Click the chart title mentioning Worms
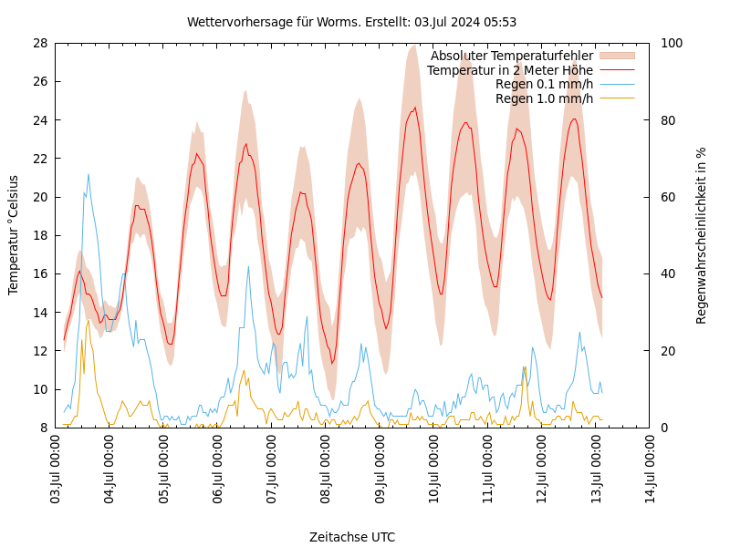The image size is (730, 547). pos(351,22)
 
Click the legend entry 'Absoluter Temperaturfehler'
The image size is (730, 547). pos(511,56)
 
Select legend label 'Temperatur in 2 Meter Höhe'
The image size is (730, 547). pos(509,70)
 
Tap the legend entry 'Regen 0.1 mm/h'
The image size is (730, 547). pos(544,84)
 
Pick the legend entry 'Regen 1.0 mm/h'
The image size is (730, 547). pos(544,98)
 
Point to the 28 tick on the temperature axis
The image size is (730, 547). pos(39,43)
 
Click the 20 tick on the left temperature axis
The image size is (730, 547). pos(39,197)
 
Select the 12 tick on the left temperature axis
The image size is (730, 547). pos(39,351)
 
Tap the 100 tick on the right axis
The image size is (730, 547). pos(672,43)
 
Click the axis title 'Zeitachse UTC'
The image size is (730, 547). pos(352,537)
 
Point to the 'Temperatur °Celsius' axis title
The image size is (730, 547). pos(14,234)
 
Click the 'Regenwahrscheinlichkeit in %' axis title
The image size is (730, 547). pos(702,235)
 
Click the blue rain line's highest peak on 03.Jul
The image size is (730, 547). pos(89,174)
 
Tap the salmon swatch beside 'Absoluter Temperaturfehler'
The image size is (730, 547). pos(617,56)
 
